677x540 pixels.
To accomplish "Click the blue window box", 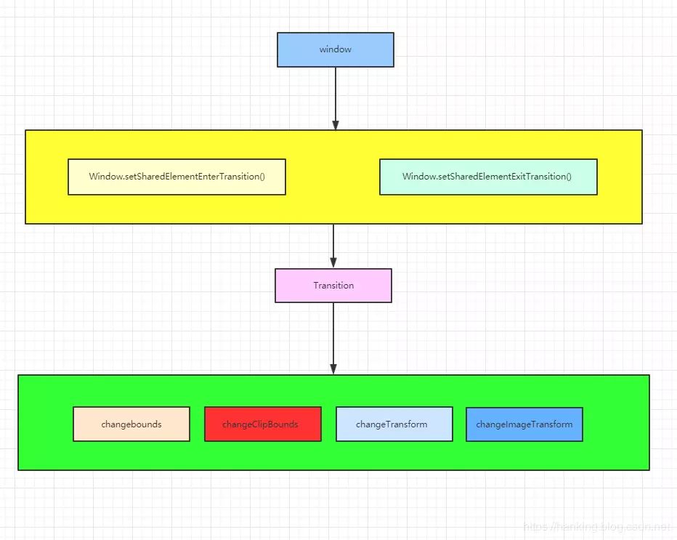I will click(335, 49).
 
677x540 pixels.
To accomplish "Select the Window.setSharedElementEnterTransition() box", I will click(177, 177).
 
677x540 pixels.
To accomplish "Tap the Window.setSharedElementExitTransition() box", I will click(488, 177).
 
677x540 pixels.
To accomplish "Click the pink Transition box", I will click(333, 286).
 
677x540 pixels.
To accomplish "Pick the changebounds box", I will click(131, 424).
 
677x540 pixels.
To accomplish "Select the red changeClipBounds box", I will click(262, 424).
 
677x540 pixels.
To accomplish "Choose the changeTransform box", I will click(394, 424).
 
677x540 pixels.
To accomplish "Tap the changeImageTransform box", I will click(524, 424).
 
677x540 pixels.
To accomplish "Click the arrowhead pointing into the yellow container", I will click(335, 124).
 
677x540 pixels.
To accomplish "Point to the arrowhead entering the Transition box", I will click(333, 263).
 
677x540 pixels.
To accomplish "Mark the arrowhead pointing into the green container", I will click(333, 368).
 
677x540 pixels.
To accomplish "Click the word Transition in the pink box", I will click(333, 286).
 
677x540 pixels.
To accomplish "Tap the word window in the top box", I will click(335, 49).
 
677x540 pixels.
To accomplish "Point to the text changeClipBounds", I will click(260, 424).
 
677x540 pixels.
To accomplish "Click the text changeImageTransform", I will click(524, 424).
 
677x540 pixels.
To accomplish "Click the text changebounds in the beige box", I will click(131, 424).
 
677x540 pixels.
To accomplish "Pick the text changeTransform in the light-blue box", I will click(392, 424).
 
